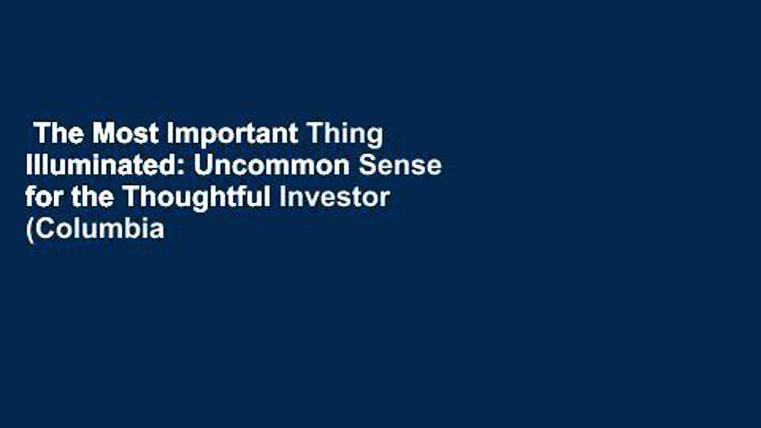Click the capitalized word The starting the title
[x=59, y=134]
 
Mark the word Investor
[x=335, y=197]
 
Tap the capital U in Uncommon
[x=203, y=166]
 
